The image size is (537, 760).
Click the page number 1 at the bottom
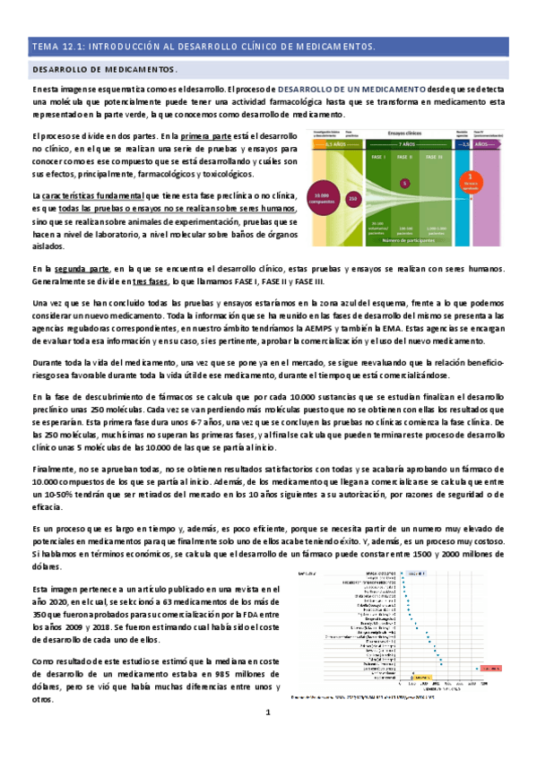coord(267,738)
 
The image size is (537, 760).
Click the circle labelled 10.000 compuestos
coord(322,197)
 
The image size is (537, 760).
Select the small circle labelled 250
coord(352,198)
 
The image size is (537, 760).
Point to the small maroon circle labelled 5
coord(404,183)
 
